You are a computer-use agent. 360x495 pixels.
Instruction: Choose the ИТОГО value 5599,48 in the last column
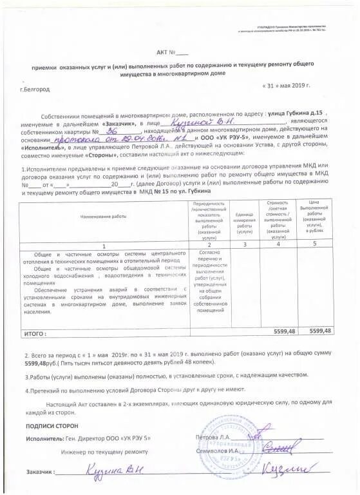point(319,331)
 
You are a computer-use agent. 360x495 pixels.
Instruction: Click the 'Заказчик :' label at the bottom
point(40,472)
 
